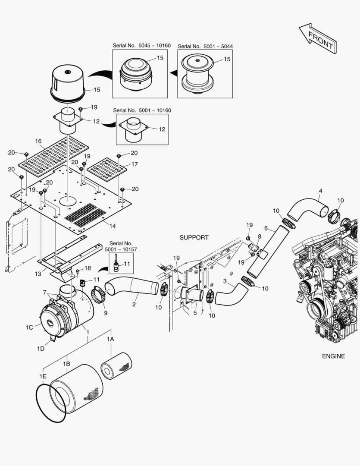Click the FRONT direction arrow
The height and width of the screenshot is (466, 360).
[318, 38]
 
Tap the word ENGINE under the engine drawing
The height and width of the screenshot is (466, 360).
[333, 356]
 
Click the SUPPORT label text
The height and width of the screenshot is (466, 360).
[194, 237]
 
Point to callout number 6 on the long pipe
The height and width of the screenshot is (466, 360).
[266, 228]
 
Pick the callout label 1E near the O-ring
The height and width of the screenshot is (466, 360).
[43, 377]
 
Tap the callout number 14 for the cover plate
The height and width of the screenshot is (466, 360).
[113, 226]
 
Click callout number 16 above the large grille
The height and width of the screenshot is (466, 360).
[38, 141]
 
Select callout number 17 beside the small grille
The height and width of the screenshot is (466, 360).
[135, 164]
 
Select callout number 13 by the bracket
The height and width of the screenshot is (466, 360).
[38, 274]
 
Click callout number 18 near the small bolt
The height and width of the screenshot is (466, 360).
[88, 268]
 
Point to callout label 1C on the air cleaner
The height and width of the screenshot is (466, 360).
[29, 327]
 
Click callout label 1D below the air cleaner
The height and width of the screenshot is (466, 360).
[41, 348]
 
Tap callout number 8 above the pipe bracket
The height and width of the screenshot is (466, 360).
[259, 236]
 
